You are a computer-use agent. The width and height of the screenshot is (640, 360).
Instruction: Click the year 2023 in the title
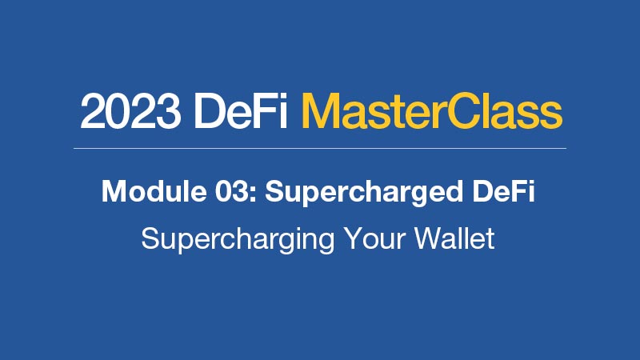[x=130, y=111]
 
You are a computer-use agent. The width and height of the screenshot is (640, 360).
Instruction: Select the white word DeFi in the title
[x=241, y=110]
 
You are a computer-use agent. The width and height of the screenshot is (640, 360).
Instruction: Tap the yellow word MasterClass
[x=431, y=110]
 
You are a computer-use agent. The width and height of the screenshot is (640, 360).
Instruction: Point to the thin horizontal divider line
[x=320, y=148]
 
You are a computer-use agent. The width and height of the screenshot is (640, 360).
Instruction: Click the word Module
[x=154, y=190]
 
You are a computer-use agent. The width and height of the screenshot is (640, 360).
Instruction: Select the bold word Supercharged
[x=364, y=193]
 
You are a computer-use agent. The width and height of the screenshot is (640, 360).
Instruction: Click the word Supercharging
[x=238, y=240]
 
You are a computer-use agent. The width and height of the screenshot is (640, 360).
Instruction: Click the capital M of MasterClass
[x=321, y=111]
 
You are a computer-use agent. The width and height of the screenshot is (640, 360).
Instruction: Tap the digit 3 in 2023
[x=168, y=111]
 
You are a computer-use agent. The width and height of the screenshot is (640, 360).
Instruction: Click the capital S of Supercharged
[x=275, y=191]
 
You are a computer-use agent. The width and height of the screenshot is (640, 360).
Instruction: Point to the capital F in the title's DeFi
[x=266, y=111]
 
